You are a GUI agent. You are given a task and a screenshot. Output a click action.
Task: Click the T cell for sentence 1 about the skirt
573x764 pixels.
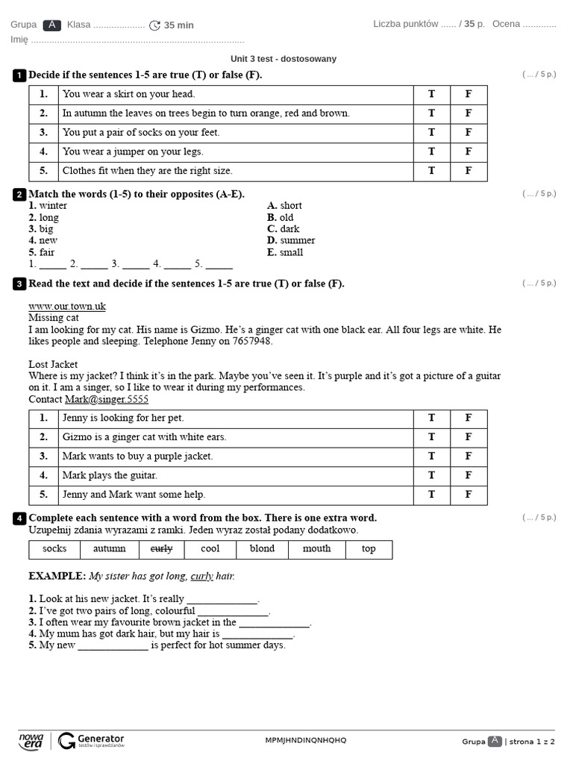click(431, 94)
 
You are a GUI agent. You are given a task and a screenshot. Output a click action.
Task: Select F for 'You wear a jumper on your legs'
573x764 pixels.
click(469, 151)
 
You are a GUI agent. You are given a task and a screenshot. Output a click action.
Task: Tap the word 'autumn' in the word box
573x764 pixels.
click(110, 548)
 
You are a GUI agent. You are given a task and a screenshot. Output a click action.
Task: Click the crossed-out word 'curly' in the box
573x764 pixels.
click(162, 548)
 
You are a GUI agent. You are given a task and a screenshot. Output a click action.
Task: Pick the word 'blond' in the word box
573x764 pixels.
click(262, 548)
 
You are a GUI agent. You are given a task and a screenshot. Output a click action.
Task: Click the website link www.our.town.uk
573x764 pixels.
click(67, 306)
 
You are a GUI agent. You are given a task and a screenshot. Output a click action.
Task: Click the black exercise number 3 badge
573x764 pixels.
click(19, 284)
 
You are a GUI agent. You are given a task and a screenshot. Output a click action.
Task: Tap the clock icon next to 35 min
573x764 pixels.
click(154, 25)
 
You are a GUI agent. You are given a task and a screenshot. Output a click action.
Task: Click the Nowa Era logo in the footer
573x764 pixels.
click(31, 740)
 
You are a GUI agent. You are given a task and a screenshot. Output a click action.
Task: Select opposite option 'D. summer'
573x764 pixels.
click(291, 240)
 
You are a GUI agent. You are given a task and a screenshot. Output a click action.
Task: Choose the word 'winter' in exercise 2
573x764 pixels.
click(52, 205)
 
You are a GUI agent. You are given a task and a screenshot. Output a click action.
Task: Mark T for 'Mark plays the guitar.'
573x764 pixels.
click(431, 475)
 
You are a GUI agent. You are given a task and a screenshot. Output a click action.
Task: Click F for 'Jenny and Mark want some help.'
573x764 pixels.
click(469, 495)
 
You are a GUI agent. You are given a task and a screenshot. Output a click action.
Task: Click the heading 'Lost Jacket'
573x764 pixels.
click(53, 364)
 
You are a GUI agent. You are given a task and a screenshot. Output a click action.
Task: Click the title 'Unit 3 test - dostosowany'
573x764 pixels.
click(284, 59)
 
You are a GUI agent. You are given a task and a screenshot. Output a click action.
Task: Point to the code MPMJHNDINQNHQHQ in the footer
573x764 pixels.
click(306, 740)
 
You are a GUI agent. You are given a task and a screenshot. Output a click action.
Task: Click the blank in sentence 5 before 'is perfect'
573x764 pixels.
click(113, 645)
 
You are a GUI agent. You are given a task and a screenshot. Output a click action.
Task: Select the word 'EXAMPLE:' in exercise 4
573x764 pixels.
click(57, 576)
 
